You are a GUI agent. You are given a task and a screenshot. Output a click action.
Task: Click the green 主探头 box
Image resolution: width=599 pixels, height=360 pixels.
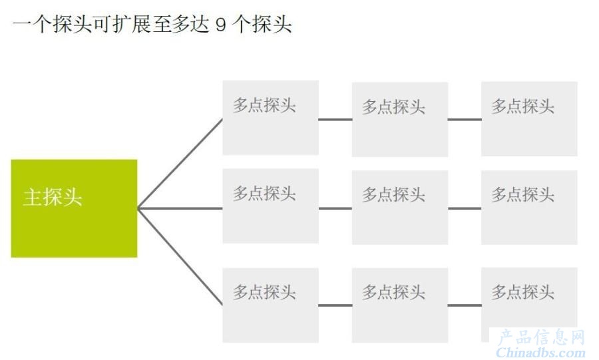pyautogui.click(x=74, y=208)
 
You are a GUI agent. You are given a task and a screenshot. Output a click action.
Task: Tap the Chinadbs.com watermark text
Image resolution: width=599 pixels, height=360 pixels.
pyautogui.click(x=540, y=352)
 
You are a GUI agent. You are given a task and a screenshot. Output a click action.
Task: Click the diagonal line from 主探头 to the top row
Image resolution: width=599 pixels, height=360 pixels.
pyautogui.click(x=180, y=164)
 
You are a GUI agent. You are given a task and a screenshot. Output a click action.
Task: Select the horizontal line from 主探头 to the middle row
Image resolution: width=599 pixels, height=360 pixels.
pyautogui.click(x=180, y=208)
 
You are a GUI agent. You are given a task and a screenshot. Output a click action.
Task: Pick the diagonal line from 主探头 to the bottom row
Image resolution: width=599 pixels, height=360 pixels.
pyautogui.click(x=180, y=257)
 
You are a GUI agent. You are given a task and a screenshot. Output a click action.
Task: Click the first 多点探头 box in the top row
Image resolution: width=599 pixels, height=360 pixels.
pyautogui.click(x=270, y=118)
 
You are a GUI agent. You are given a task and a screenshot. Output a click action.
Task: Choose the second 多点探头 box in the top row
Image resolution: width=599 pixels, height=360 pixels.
pyautogui.click(x=400, y=119)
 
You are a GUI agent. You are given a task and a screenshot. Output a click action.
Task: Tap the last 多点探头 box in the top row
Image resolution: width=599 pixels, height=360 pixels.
pyautogui.click(x=529, y=118)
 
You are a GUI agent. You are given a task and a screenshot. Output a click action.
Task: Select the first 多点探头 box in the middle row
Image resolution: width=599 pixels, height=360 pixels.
pyautogui.click(x=270, y=206)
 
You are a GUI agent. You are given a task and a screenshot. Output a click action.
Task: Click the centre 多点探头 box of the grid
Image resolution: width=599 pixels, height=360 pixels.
pyautogui.click(x=400, y=208)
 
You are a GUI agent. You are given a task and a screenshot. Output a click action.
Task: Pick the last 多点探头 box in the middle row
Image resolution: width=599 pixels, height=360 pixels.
pyautogui.click(x=529, y=208)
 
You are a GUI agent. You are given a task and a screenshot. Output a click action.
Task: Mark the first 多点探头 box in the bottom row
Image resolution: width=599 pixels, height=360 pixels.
pyautogui.click(x=270, y=305)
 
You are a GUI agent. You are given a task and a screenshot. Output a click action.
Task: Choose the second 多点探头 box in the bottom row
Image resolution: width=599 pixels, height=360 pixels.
pyautogui.click(x=400, y=305)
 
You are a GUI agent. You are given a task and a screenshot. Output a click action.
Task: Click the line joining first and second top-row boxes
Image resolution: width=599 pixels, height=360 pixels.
pyautogui.click(x=335, y=120)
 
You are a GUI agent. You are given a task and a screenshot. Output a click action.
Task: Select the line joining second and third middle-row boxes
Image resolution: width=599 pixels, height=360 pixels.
pyautogui.click(x=465, y=208)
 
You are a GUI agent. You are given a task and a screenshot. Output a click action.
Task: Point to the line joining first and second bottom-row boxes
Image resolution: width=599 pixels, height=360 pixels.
pyautogui.click(x=335, y=305)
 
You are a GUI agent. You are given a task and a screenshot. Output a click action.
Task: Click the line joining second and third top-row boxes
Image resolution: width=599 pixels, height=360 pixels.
pyautogui.click(x=465, y=120)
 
